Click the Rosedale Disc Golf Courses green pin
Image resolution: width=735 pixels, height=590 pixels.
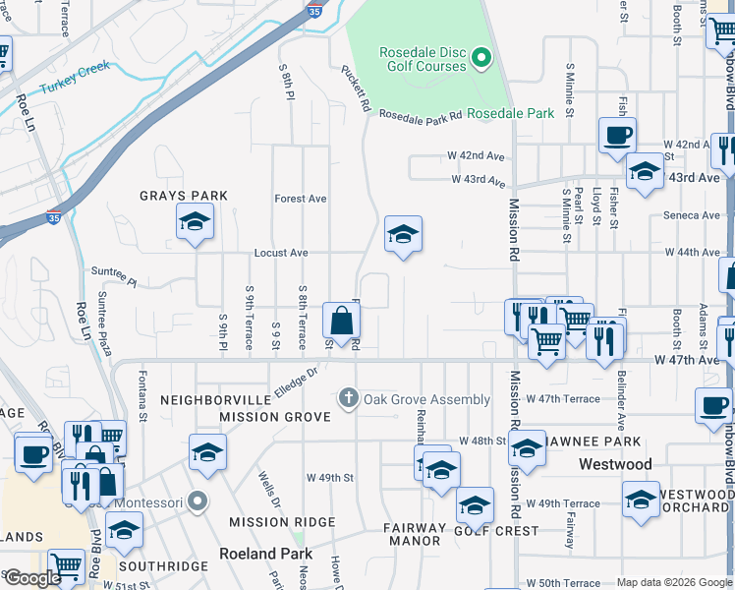click(x=481, y=59)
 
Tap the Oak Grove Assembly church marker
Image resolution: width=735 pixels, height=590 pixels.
click(x=347, y=399)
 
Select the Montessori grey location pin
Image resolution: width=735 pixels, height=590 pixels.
click(x=198, y=501)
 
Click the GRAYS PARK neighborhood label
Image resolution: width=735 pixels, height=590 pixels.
click(x=184, y=196)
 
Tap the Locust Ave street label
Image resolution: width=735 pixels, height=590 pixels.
click(x=281, y=253)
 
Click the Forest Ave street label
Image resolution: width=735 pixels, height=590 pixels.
click(x=301, y=199)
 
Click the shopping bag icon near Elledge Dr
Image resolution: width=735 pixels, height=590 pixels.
click(x=341, y=321)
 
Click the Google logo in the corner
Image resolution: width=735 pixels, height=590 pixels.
click(x=32, y=578)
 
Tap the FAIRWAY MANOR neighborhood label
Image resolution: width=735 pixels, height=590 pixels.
click(x=415, y=534)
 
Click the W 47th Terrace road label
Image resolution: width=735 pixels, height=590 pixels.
click(x=562, y=399)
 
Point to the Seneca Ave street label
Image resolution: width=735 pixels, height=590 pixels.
click(x=692, y=215)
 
